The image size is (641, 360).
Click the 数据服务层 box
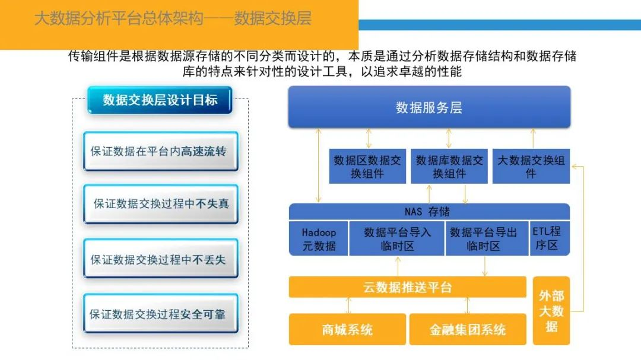tap(429, 107)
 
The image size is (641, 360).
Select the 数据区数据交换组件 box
tap(367, 167)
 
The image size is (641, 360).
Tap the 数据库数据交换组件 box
tap(449, 167)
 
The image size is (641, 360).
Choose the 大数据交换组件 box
tap(531, 167)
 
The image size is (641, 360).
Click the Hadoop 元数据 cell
tap(319, 238)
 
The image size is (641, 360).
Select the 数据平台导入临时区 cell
tap(397, 238)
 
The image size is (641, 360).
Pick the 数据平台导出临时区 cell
tap(483, 238)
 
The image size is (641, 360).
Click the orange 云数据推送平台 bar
tap(408, 288)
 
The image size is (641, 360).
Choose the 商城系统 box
tap(348, 329)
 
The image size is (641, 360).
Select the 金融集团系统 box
tap(468, 329)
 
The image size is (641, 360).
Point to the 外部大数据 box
tap(551, 311)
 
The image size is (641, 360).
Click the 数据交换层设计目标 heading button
tap(160, 100)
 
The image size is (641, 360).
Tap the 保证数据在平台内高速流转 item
tap(160, 151)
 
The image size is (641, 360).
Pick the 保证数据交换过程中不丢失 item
tap(160, 259)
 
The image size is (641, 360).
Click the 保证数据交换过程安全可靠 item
tap(160, 314)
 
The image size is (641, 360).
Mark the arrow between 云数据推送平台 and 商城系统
tap(348, 305)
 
